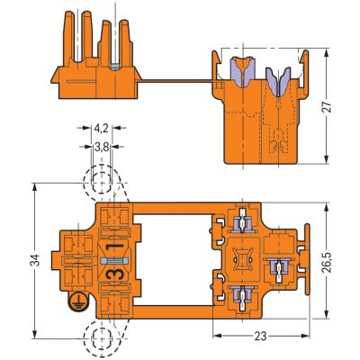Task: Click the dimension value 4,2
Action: pos(101,129)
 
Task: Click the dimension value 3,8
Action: pos(102,147)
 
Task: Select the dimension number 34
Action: pos(35,260)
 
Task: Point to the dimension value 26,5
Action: pos(326,262)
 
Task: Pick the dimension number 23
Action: pos(260,337)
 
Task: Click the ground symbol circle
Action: pos(77,301)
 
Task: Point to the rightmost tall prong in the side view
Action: pos(124,42)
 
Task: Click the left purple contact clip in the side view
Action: pos(242,71)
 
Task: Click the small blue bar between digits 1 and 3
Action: pos(115,260)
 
